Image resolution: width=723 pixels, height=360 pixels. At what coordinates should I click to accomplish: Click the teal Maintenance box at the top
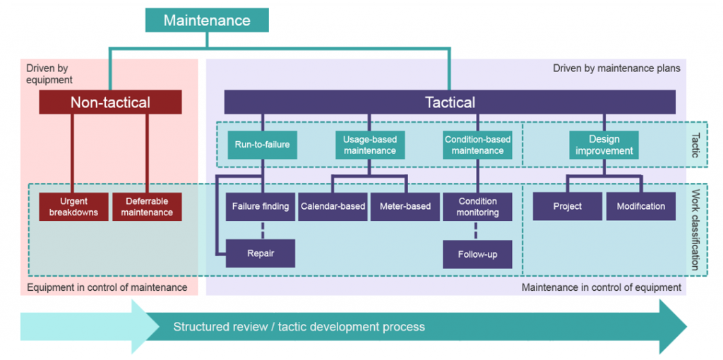(207, 20)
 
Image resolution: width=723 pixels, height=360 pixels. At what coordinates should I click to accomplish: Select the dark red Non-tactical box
(110, 102)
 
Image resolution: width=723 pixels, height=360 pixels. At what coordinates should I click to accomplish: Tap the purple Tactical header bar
(450, 102)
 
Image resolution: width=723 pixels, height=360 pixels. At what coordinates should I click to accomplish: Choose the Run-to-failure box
(262, 145)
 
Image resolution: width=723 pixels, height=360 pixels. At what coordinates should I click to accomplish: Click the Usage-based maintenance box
(369, 145)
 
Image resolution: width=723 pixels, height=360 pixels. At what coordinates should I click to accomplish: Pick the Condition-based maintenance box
(477, 145)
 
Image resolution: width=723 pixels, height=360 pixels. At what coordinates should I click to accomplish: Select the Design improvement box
(604, 145)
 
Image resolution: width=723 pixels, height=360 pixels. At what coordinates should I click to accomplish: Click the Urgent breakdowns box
(73, 207)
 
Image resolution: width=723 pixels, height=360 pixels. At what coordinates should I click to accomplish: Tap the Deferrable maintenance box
(147, 207)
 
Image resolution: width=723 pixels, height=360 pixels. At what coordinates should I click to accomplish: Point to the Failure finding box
(261, 207)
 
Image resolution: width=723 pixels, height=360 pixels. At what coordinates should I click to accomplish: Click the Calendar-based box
(333, 207)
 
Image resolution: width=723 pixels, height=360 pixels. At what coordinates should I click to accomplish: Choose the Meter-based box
(405, 207)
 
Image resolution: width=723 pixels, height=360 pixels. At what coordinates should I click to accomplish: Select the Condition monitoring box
(477, 207)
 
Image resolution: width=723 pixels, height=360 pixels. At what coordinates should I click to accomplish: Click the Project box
(568, 207)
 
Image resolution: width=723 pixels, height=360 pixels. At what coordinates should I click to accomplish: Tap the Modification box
(640, 207)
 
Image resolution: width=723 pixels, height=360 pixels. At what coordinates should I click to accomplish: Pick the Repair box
(261, 253)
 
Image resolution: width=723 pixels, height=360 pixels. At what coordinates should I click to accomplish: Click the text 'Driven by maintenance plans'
(616, 68)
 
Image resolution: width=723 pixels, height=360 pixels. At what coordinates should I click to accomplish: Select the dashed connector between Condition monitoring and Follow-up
(477, 230)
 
